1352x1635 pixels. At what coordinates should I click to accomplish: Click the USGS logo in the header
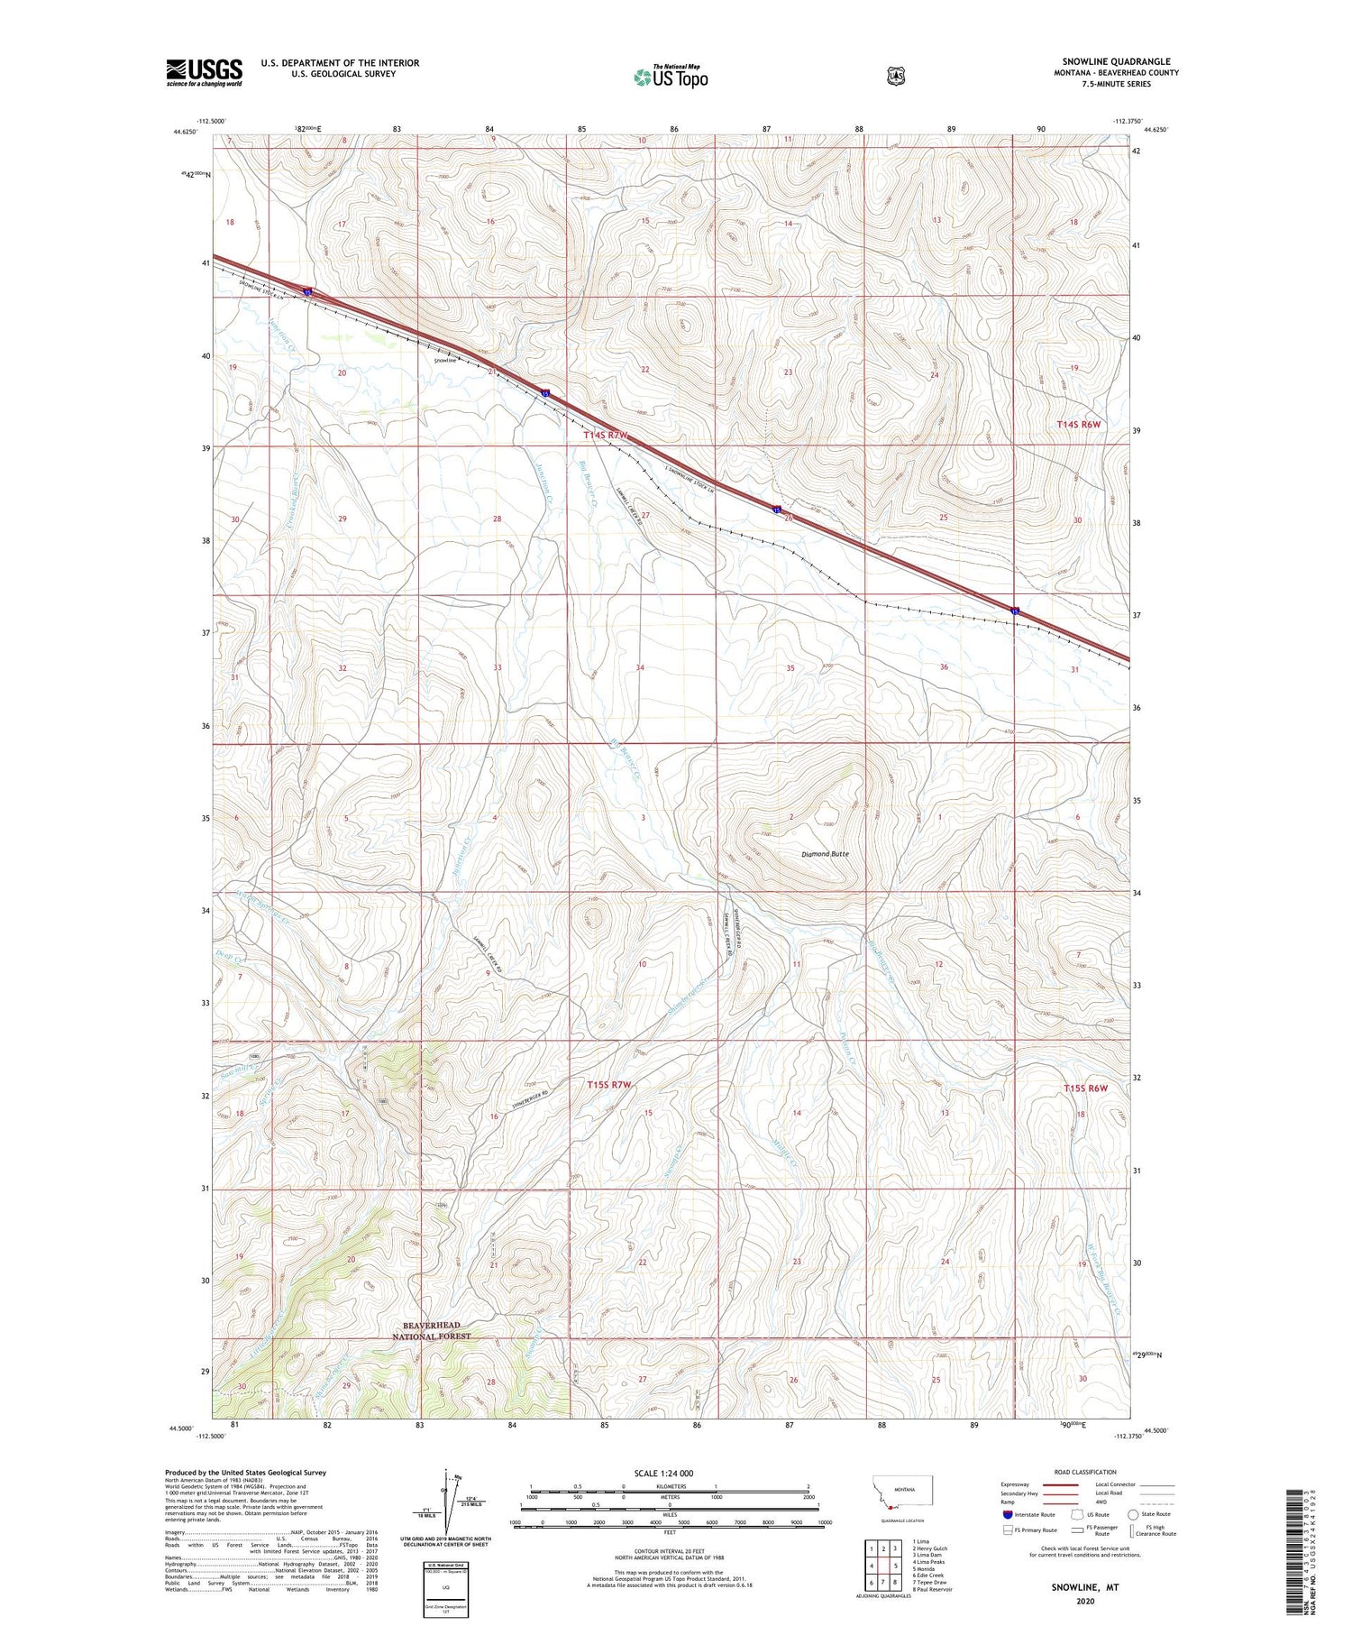[x=204, y=72]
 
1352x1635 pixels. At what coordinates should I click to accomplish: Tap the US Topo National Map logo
[x=671, y=77]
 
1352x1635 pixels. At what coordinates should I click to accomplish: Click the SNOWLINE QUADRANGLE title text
[x=1116, y=61]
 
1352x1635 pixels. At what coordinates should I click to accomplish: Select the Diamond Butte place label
[x=825, y=853]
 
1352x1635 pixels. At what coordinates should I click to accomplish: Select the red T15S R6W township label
[x=1084, y=1088]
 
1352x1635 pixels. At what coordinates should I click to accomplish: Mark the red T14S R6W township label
[x=1079, y=424]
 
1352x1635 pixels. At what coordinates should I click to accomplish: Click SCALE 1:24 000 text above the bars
[x=663, y=1473]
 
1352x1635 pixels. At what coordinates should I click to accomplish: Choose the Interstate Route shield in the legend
[x=1007, y=1514]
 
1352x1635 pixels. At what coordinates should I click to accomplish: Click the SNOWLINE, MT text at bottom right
[x=1084, y=1585]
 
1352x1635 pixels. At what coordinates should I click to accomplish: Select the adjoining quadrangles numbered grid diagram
[x=886, y=1566]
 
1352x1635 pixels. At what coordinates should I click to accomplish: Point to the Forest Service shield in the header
[x=895, y=77]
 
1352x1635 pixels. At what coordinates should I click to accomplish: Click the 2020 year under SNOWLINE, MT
[x=1084, y=1601]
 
